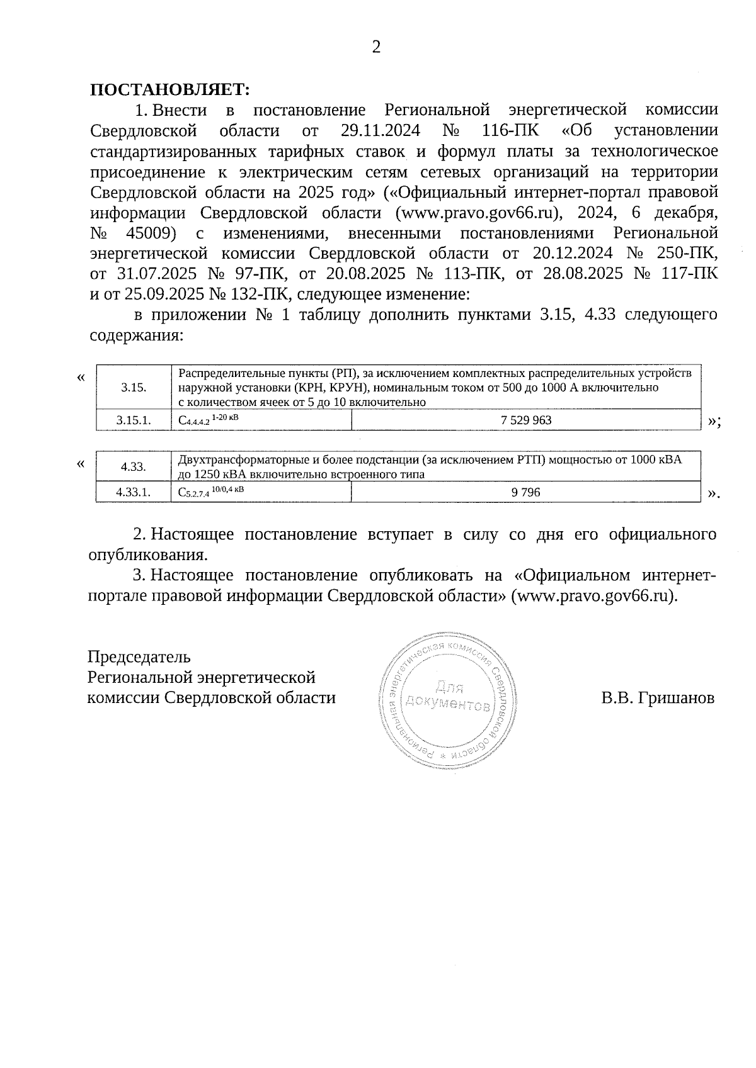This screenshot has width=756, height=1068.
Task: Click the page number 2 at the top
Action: pyautogui.click(x=376, y=48)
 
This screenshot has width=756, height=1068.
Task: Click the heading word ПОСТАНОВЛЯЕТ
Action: pyautogui.click(x=170, y=89)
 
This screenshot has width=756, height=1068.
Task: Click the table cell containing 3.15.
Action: pyautogui.click(x=134, y=388)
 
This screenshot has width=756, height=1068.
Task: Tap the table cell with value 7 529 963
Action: pyautogui.click(x=526, y=420)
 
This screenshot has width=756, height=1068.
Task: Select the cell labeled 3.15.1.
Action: pyautogui.click(x=134, y=420)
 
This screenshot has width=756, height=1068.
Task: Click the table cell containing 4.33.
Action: pyautogui.click(x=134, y=467)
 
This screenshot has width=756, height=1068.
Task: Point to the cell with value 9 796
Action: pyautogui.click(x=526, y=493)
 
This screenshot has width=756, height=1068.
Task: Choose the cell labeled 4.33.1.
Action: pyautogui.click(x=134, y=493)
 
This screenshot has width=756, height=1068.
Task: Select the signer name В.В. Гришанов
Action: pyautogui.click(x=658, y=698)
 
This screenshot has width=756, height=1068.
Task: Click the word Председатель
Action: pyautogui.click(x=139, y=657)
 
